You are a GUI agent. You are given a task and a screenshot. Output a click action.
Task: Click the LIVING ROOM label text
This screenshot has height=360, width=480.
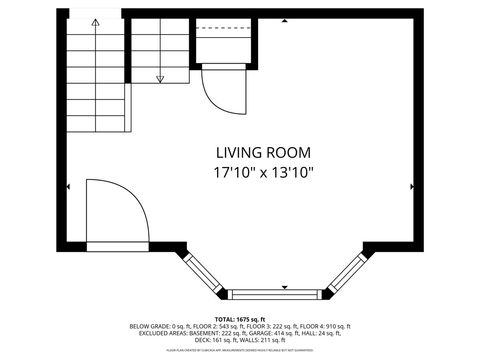(x=263, y=153)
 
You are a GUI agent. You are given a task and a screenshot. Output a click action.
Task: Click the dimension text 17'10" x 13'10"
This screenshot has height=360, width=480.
(x=263, y=172)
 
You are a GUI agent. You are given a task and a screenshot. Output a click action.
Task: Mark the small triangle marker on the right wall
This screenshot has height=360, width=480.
(x=411, y=186)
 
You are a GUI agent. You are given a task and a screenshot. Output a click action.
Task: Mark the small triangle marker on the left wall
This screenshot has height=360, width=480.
(x=68, y=186)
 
